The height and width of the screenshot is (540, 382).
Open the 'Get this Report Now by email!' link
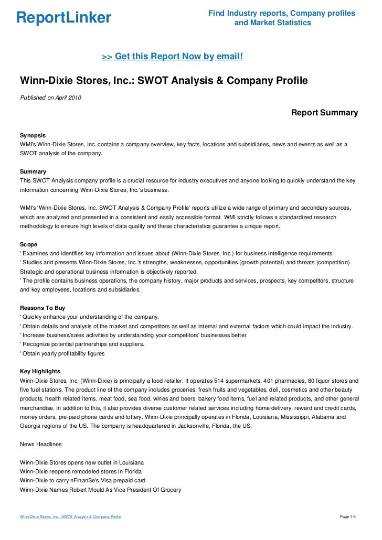(172, 56)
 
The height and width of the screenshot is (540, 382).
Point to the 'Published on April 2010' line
(50, 98)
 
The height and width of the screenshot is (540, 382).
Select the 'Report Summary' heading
(324, 113)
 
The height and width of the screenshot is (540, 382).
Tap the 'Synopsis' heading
(33, 135)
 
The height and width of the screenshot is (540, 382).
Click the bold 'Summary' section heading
(33, 171)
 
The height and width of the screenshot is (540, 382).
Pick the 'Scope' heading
(28, 244)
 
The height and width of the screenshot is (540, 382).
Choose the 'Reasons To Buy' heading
(42, 308)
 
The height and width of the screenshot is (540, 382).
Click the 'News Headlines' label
(40, 444)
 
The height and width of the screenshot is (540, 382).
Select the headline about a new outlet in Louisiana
(81, 463)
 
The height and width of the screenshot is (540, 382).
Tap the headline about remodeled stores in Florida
(80, 471)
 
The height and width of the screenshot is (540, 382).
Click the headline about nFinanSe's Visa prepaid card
(82, 480)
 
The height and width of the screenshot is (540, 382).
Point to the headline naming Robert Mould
(100, 490)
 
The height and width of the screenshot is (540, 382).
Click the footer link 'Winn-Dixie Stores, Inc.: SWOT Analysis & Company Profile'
(70, 517)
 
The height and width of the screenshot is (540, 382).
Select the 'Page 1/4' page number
(348, 517)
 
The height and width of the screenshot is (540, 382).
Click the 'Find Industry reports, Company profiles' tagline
(282, 13)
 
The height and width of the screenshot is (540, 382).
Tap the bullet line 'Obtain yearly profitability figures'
(62, 353)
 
